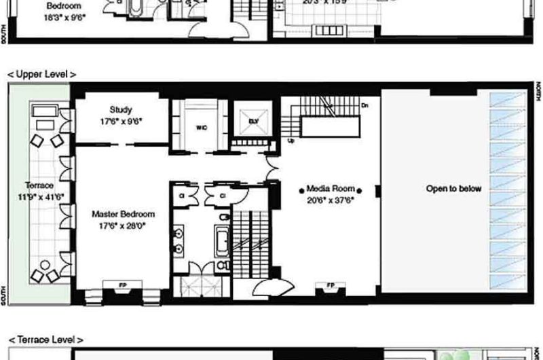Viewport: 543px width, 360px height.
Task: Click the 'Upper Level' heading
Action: coord(41,73)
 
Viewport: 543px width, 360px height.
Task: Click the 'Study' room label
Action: coord(120,109)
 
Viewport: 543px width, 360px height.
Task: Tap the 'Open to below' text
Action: coord(453,189)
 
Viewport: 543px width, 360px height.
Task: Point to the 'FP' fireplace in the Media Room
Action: coord(331,285)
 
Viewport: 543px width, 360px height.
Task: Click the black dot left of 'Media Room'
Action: coord(302,190)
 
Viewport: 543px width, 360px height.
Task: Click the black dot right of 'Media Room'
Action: coord(360,190)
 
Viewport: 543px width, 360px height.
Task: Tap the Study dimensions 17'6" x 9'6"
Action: coord(120,123)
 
